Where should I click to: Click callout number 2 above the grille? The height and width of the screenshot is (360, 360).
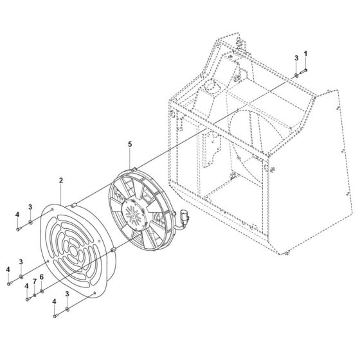(61, 181)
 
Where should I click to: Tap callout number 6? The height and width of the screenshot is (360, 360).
(42, 277)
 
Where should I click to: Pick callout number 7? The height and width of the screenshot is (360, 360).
(35, 282)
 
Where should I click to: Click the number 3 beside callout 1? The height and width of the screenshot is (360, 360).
(297, 59)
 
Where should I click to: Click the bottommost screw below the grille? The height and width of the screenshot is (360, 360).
(54, 315)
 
